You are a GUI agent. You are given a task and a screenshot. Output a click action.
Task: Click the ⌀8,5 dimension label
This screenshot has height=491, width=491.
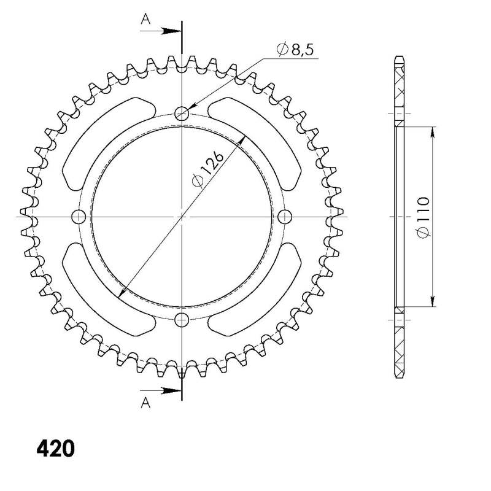[x=295, y=49]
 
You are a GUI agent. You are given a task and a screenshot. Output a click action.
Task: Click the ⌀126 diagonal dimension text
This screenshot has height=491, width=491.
[x=208, y=170]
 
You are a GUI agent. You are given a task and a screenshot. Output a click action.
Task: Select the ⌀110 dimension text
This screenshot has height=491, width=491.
[x=423, y=217]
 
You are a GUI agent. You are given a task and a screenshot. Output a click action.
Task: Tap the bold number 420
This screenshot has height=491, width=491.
[x=56, y=449]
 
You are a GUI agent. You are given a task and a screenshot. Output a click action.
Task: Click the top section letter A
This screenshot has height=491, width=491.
[x=145, y=20]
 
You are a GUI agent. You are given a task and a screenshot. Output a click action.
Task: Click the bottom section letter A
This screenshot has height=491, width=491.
[x=145, y=403]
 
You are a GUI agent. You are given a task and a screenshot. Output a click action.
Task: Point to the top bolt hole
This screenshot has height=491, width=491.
[x=182, y=113]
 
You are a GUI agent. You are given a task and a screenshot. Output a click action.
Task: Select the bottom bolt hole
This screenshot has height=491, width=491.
[x=182, y=319]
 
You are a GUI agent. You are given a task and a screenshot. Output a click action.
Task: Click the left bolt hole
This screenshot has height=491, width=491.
[x=79, y=217]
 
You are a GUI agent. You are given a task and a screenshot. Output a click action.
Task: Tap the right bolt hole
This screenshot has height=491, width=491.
[x=285, y=217]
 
